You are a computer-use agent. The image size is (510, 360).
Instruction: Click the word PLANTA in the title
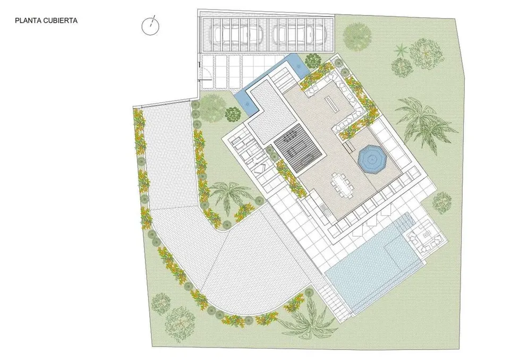coord(27,21)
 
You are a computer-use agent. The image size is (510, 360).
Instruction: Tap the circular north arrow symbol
coord(150,25)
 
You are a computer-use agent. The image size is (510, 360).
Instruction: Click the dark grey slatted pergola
coord(298,150)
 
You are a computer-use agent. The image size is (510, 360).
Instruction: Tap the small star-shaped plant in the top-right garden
coord(401,50)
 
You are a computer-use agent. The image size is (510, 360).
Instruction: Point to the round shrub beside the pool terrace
coord(441,203)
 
